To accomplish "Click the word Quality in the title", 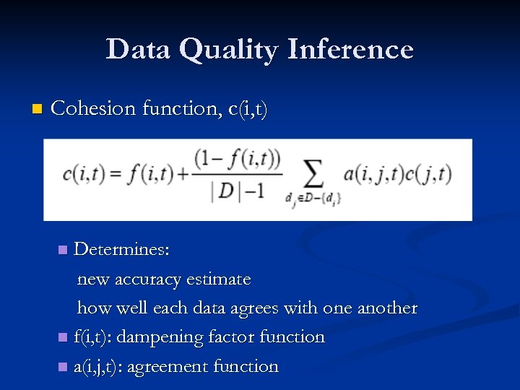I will pos(228,51).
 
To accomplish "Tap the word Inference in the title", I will pos(350,49).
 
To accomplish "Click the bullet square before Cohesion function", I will pos(37,110).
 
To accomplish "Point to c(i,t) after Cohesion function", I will pos(248,109).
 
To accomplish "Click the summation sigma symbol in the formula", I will pos(312,173).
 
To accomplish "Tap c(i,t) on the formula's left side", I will pos(82,174).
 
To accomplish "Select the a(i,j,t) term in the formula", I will pos(376,174).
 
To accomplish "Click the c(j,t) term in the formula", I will pos(430,174).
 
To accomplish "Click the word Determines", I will pos(122,250).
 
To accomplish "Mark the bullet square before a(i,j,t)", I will pos(63,367).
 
